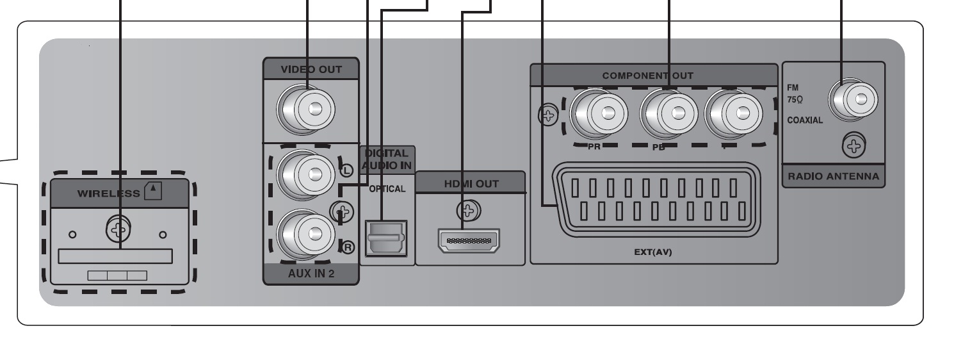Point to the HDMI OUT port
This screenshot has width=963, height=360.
click(x=468, y=241)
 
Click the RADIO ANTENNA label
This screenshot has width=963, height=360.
click(x=833, y=177)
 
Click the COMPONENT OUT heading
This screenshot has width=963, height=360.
click(x=647, y=76)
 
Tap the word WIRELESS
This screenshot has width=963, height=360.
click(x=107, y=193)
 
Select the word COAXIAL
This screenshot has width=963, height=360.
click(x=805, y=121)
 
